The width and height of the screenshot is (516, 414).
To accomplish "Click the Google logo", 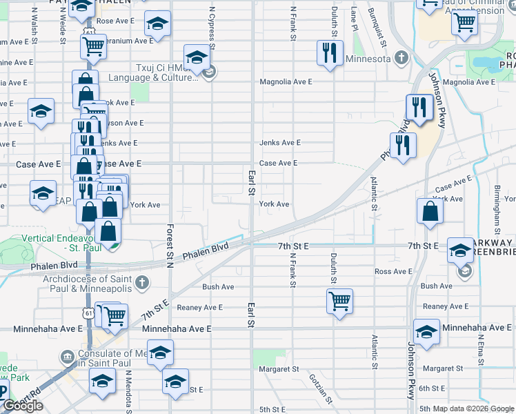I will (x=23, y=405).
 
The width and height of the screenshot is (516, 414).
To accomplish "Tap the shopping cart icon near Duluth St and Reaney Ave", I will (x=339, y=301).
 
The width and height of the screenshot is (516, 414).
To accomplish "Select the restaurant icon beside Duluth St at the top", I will (x=330, y=52).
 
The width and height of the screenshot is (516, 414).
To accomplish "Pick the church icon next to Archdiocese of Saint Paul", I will (x=141, y=282).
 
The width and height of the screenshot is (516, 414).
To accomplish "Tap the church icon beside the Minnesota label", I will (x=400, y=58).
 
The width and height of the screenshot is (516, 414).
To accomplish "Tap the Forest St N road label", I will (x=169, y=244).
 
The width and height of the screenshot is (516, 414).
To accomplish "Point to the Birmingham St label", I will (x=496, y=205).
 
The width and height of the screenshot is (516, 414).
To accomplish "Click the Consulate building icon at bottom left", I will (x=68, y=357).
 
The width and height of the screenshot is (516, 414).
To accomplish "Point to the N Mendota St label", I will (x=129, y=388).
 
